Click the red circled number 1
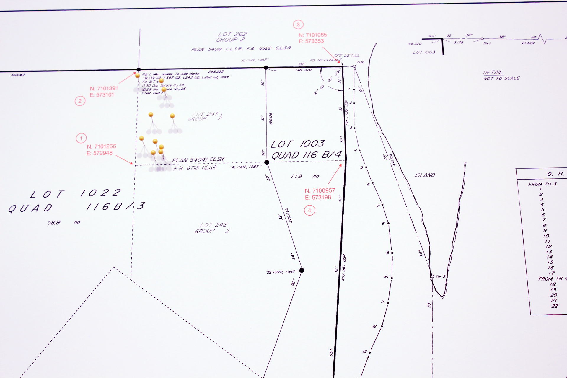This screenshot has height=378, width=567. pyautogui.click(x=81, y=138)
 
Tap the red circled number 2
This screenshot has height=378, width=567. pyautogui.click(x=80, y=101)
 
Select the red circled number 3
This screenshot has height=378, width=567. pyautogui.click(x=298, y=25)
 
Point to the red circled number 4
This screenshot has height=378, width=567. pyautogui.click(x=309, y=211)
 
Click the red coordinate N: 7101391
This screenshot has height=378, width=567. pyautogui.click(x=104, y=88)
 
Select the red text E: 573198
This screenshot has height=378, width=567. pyautogui.click(x=318, y=198)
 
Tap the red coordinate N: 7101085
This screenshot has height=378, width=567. pyautogui.click(x=312, y=35)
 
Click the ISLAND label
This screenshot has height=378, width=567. pyautogui.click(x=425, y=175)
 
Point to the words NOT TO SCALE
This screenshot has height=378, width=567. pyautogui.click(x=501, y=78)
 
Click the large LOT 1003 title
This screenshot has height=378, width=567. pyautogui.click(x=297, y=144)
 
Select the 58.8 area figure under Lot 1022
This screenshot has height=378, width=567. pyautogui.click(x=54, y=222)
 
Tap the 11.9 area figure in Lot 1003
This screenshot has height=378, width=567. pyautogui.click(x=296, y=176)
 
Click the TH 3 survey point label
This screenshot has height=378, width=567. pyautogui.click(x=440, y=276)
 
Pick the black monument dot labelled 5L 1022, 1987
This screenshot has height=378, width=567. pyautogui.click(x=302, y=270)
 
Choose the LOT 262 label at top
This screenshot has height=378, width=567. pyautogui.click(x=232, y=34)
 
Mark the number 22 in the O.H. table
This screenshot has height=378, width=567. pyautogui.click(x=554, y=306)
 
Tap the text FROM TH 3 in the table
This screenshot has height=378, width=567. pyautogui.click(x=542, y=184)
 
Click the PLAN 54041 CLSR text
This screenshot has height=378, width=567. pyautogui.click(x=198, y=160)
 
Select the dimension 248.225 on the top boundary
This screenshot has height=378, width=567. pyautogui.click(x=216, y=71)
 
